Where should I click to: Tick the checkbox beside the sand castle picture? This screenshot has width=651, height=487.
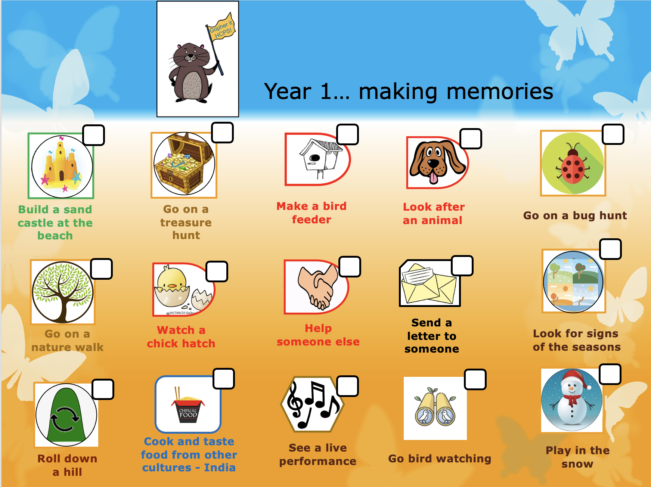(93, 135)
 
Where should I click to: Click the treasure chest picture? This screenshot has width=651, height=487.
(184, 164)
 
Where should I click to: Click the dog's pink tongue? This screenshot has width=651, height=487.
(433, 177)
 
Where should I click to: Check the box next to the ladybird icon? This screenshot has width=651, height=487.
(613, 134)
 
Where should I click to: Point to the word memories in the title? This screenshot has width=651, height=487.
(456, 91)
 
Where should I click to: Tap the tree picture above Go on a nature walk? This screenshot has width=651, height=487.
(63, 292)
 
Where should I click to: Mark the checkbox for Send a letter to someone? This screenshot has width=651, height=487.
(462, 266)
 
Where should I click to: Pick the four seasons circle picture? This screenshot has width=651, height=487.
(573, 281)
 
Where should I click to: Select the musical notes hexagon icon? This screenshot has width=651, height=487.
(313, 404)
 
